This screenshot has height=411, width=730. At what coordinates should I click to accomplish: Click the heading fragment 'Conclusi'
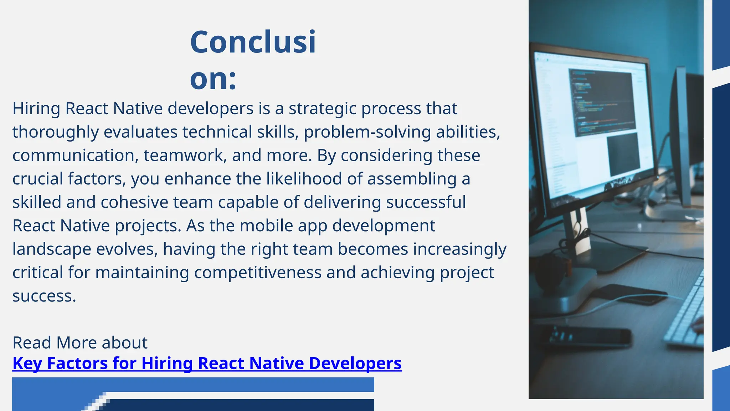point(253,42)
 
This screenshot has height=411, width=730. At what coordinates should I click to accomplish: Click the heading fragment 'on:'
point(213,79)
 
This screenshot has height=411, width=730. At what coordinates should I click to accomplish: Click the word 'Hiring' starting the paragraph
point(36,109)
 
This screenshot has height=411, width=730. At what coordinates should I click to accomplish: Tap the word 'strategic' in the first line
point(322,109)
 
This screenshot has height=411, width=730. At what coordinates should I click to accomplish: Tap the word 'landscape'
point(52,249)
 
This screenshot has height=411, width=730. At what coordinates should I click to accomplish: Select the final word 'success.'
point(44,296)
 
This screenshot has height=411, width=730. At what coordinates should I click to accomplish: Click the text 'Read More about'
point(80,343)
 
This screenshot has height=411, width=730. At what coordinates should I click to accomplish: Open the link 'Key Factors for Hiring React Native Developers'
point(207,364)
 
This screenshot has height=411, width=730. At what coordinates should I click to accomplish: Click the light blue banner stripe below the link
point(228,384)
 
